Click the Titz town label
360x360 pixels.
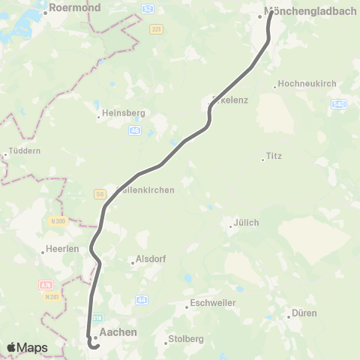point(274,157)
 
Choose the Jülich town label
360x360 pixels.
point(246,223)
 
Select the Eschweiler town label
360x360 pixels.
point(214,303)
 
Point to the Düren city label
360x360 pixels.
point(304,313)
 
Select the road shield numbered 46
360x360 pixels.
point(135,130)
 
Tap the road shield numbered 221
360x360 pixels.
point(156,29)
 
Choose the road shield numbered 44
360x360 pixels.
point(141,300)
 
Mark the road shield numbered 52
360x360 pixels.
point(147,8)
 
